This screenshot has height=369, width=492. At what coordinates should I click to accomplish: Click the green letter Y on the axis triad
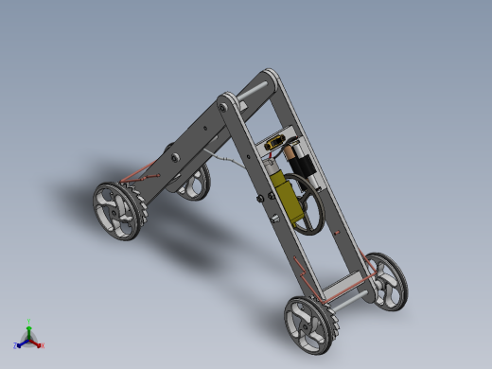pyautogui.click(x=29, y=321)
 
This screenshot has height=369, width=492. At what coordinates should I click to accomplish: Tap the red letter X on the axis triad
pyautogui.click(x=43, y=344)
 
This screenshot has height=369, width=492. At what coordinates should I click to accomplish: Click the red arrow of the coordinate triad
pyautogui.click(x=36, y=343)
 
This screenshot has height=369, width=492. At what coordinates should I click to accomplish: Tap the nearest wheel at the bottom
pyautogui.click(x=310, y=324)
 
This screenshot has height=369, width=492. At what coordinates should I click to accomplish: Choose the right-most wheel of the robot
pyautogui.click(x=386, y=280)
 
